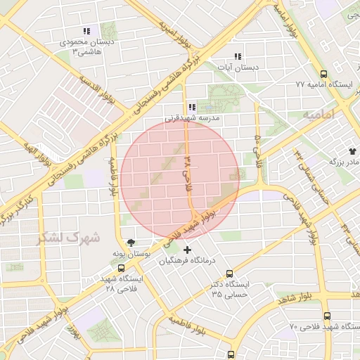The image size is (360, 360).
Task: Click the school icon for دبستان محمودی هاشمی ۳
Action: pyautogui.click(x=86, y=32)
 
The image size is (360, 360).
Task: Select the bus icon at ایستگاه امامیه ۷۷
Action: pyautogui.click(x=323, y=74)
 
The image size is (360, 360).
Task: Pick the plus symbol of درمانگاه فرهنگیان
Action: pyautogui.click(x=187, y=250)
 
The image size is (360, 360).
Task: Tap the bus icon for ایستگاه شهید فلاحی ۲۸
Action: pyautogui.click(x=122, y=268)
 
